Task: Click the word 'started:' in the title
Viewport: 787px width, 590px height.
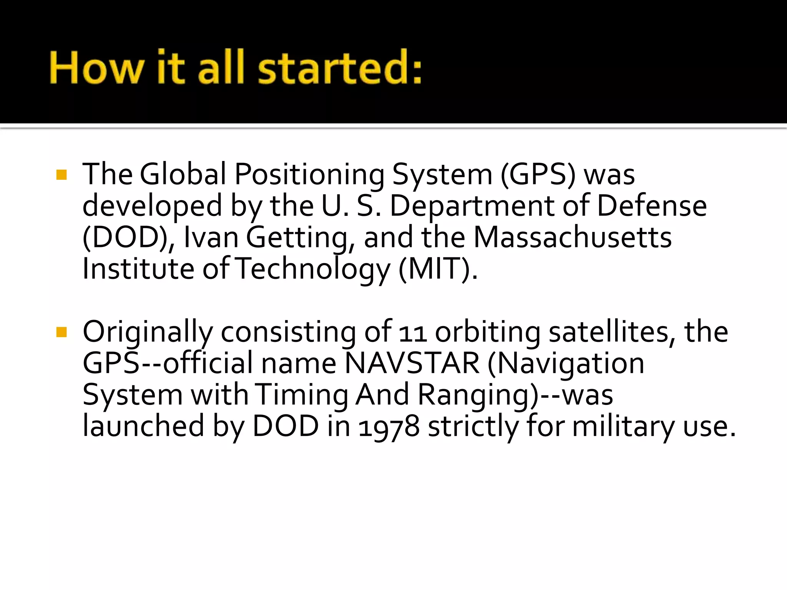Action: pos(340,68)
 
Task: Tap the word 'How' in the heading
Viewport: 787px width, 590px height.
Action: pos(96,68)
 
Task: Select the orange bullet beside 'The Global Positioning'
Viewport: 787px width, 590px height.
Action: pos(61,175)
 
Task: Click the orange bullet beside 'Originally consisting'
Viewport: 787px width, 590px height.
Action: pos(61,332)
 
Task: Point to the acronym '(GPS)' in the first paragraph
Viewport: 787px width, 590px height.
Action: pos(538,174)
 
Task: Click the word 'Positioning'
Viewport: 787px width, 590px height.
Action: pos(309,175)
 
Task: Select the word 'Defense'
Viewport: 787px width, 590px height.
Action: pos(651,206)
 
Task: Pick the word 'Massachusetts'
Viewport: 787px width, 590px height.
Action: pos(573,237)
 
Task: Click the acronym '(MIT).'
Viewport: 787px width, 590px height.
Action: pos(438,269)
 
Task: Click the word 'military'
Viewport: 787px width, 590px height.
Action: pos(623,426)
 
